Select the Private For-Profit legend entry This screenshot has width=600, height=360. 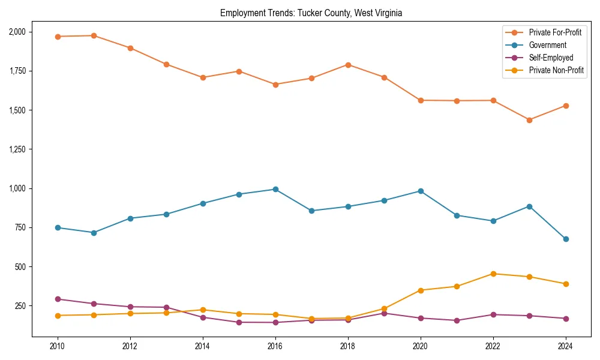tap(555, 32)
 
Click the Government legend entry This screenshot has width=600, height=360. tap(547, 45)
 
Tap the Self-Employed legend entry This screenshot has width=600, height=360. tap(551, 58)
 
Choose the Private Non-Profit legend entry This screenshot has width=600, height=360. tap(556, 70)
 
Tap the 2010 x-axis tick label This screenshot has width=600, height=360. tap(58, 346)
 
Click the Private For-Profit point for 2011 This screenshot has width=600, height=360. tap(94, 35)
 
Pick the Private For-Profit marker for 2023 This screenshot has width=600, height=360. tap(529, 120)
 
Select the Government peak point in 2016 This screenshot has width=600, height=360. tap(275, 189)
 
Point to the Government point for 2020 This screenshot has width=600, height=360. tap(421, 191)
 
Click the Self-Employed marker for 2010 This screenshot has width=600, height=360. tap(58, 299)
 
